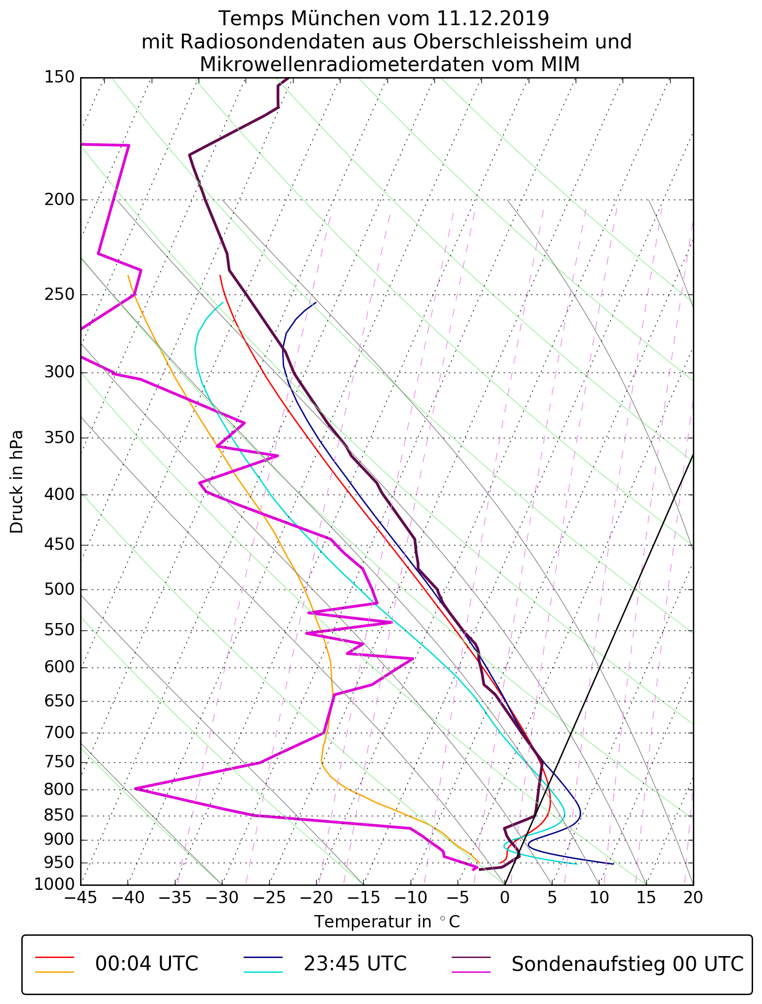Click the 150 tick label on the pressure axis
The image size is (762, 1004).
[x=59, y=78]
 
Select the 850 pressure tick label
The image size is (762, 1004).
[x=59, y=816]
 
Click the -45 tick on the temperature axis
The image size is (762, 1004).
[x=81, y=897]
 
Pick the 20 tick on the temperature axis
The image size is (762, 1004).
[x=693, y=897]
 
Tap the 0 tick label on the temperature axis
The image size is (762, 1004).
[x=505, y=897]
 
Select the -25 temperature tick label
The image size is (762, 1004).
[x=269, y=897]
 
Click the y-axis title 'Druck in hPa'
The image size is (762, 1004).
[x=17, y=482]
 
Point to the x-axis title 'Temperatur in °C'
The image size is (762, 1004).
[x=387, y=922]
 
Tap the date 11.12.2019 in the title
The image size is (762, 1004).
[x=493, y=19]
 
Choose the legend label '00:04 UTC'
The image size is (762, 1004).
[x=147, y=963]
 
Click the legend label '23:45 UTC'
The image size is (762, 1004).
[x=355, y=963]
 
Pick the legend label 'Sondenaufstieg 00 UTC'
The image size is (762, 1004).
[x=627, y=963]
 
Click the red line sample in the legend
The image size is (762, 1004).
[x=54, y=957]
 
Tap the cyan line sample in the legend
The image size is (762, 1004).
[x=263, y=972]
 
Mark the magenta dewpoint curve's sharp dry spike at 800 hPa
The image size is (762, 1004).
[x=135, y=789]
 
